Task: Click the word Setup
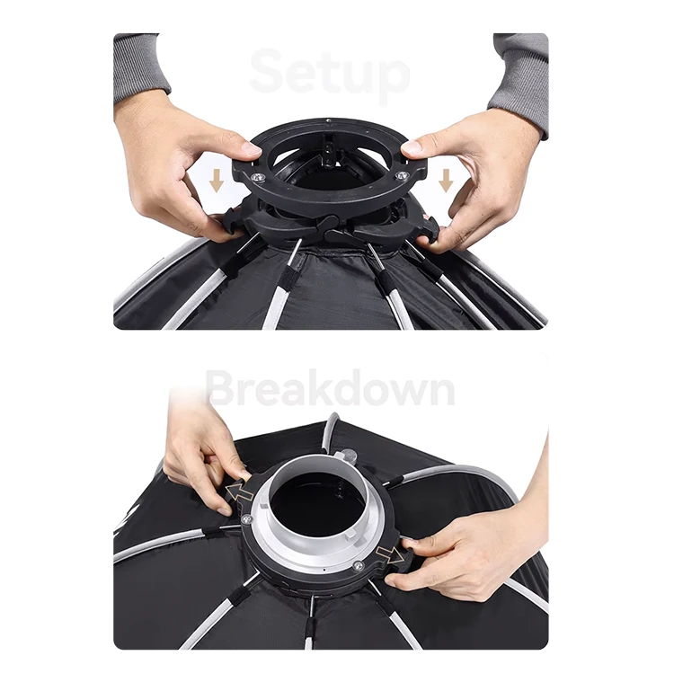click(x=330, y=75)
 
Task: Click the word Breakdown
click(x=331, y=387)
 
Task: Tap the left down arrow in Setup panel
click(x=217, y=181)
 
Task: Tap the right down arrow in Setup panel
click(x=445, y=181)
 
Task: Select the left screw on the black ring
click(x=257, y=177)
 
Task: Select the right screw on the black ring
click(x=400, y=175)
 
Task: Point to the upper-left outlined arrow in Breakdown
click(x=239, y=491)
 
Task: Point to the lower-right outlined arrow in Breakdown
click(x=389, y=555)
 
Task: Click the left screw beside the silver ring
click(x=248, y=518)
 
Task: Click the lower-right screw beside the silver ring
click(x=358, y=566)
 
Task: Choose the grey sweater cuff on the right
click(x=519, y=83)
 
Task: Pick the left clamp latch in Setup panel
click(x=232, y=219)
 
